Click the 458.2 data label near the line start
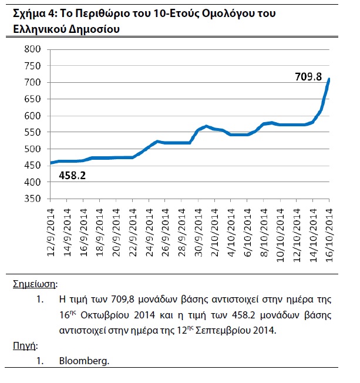click(73, 174)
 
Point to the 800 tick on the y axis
click(31, 49)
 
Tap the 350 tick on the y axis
click(31, 199)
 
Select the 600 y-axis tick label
click(31, 116)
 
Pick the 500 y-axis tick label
click(31, 149)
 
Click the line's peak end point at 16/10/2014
click(329, 79)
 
